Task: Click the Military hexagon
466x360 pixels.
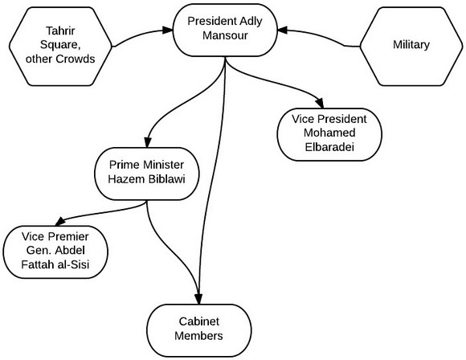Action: pos(411,47)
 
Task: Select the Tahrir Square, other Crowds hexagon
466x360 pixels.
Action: pos(60,47)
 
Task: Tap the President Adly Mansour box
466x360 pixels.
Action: pos(225,30)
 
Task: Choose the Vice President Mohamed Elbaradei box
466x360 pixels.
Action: pos(329,134)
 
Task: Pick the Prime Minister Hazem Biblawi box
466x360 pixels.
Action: pos(147,174)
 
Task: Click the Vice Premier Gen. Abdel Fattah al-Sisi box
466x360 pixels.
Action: pos(55,252)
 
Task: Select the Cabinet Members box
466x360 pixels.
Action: pos(199,330)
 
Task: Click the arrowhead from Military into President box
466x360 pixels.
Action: pos(282,30)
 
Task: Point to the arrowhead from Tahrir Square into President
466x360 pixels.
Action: pos(168,30)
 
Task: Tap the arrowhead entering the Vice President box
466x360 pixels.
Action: pos(320,103)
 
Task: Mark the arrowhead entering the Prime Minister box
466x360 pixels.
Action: pos(148,142)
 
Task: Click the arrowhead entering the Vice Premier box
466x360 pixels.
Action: pos(60,222)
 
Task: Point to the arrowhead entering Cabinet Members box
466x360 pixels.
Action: pos(198,299)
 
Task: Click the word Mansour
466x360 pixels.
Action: pos(225,35)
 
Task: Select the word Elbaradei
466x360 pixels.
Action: pos(329,147)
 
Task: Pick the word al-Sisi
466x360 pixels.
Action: pos(73,264)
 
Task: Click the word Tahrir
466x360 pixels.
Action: pos(60,31)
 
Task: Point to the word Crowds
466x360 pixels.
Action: pos(76,59)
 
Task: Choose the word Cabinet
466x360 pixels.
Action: pos(199,321)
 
